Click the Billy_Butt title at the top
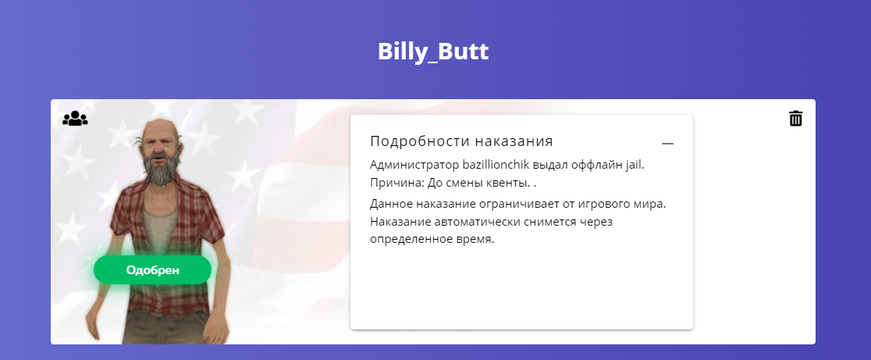(433, 52)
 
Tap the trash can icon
(796, 119)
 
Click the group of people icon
(75, 119)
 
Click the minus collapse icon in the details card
(668, 144)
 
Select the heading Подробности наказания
(461, 141)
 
